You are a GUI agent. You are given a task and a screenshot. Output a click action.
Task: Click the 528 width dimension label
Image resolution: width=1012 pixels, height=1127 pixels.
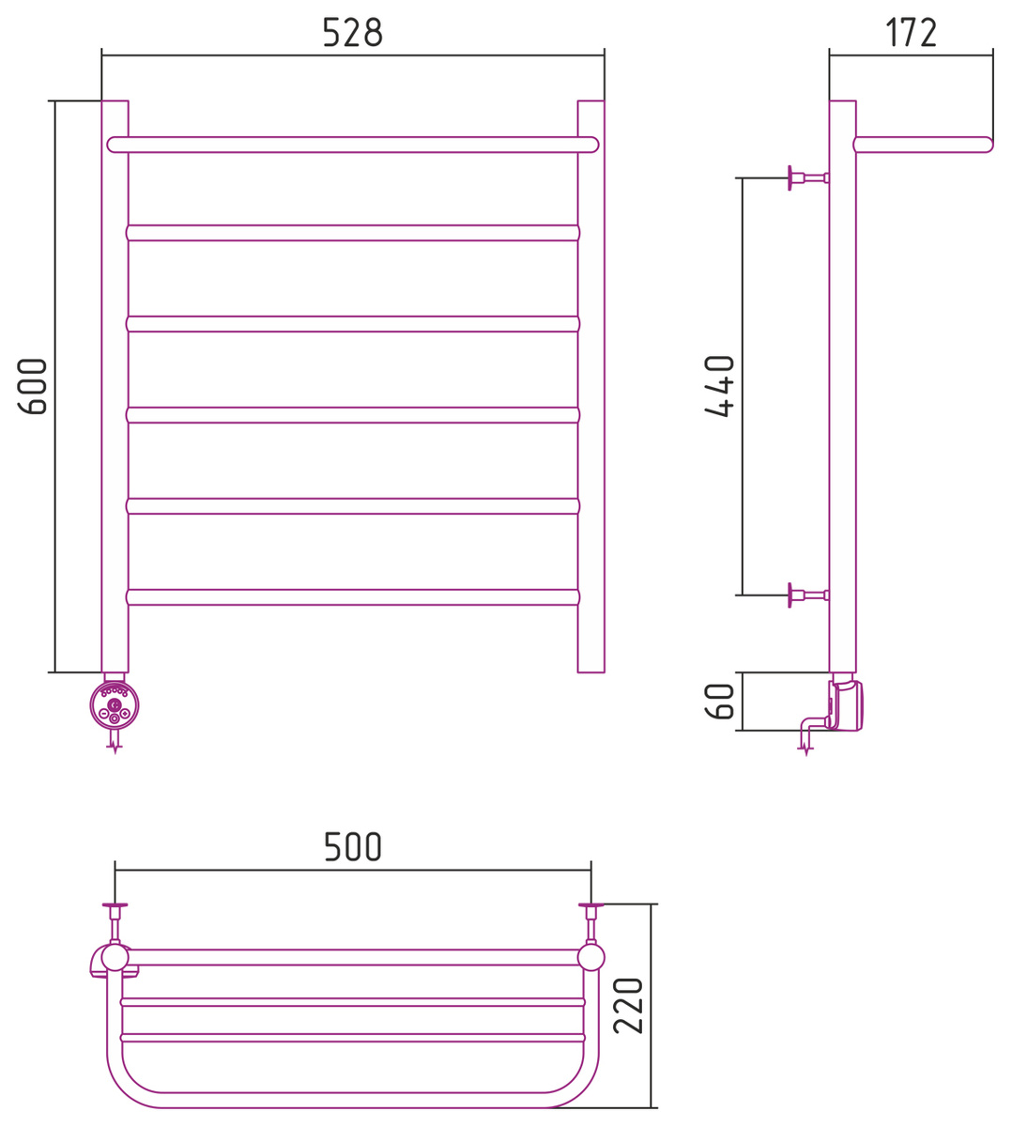[353, 32]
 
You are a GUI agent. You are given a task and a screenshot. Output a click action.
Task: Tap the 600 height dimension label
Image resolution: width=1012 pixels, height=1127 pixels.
[32, 387]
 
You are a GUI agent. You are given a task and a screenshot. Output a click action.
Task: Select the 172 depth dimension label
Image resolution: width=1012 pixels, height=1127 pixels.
[911, 32]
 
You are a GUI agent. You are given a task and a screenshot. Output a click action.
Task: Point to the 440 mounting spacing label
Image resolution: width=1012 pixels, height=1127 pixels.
[719, 386]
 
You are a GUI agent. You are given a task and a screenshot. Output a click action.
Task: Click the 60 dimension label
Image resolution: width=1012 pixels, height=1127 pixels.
[719, 701]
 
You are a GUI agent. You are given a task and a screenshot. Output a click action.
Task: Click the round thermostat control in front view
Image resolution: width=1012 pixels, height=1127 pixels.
[115, 705]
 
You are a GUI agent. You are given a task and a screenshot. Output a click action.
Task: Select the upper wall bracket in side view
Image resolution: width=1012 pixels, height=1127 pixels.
[808, 178]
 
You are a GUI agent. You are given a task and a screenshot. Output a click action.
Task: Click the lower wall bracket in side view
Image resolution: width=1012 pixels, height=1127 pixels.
[808, 595]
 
